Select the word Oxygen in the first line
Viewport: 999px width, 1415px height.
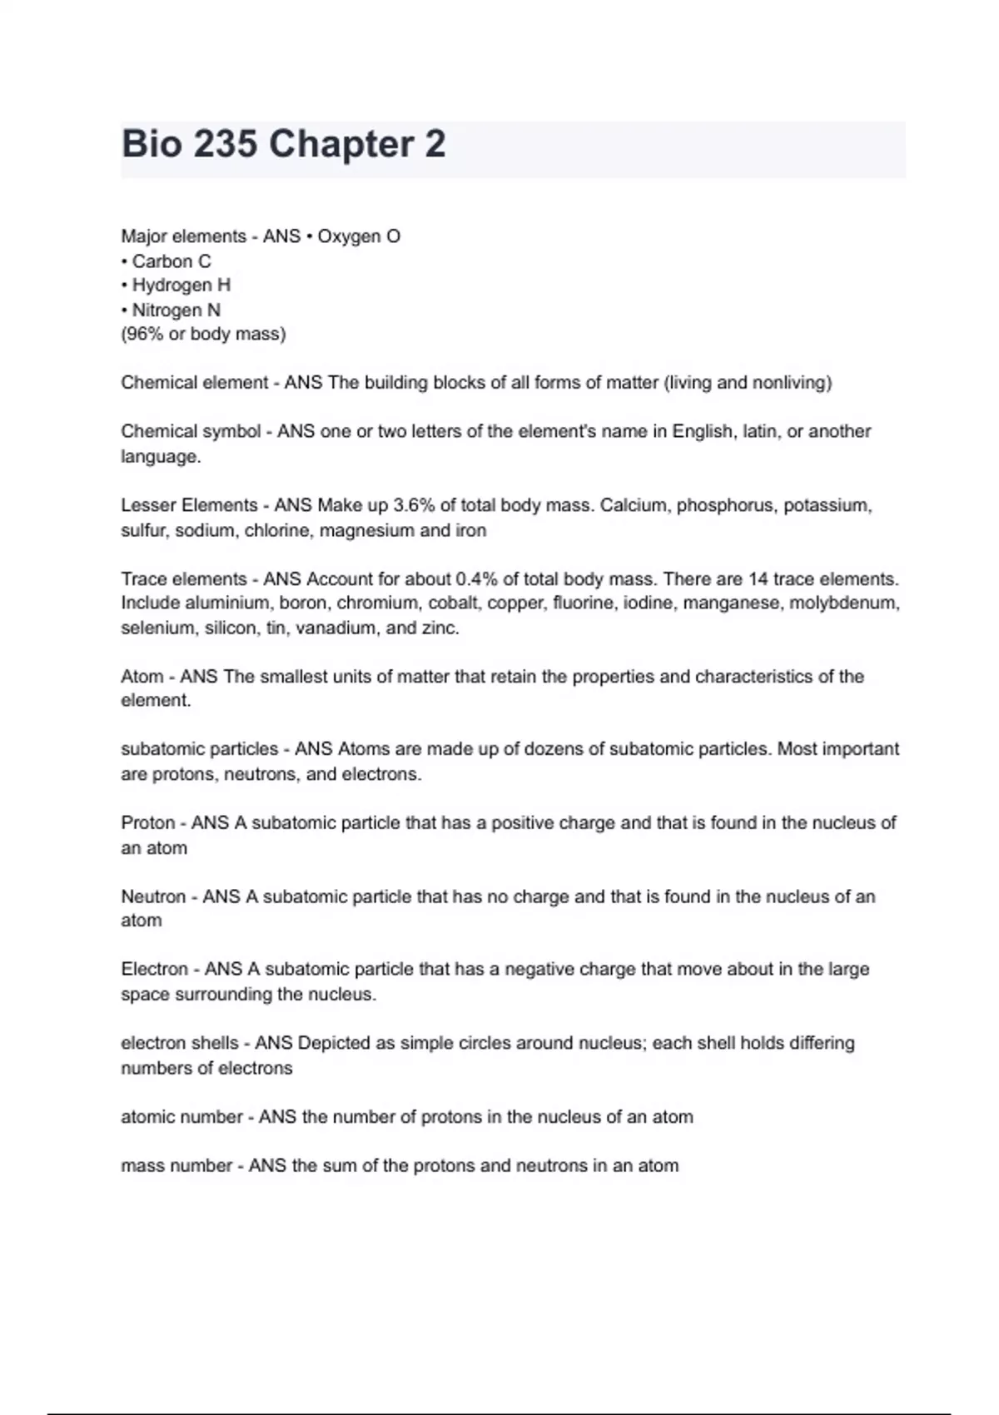[x=348, y=236]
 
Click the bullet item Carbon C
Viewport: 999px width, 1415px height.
[x=166, y=261]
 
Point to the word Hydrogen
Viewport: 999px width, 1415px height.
[x=172, y=285]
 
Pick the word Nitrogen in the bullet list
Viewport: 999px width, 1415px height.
[x=166, y=310]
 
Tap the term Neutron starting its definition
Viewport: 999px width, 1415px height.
[x=153, y=896]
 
